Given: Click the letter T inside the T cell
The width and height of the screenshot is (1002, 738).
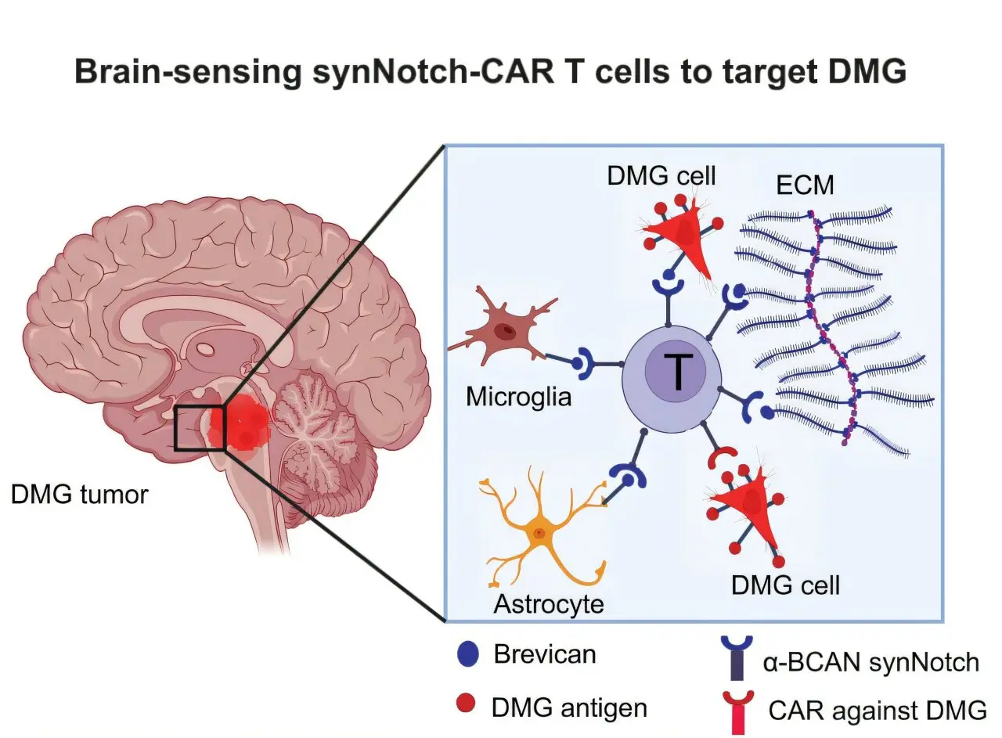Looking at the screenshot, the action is (x=679, y=370).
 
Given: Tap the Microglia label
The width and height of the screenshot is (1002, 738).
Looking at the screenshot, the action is (x=518, y=397).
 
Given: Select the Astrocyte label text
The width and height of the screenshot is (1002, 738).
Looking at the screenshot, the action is (x=549, y=604).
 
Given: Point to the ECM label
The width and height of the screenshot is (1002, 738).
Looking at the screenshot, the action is (x=806, y=185).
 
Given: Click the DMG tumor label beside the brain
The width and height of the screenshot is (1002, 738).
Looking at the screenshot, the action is (x=79, y=495).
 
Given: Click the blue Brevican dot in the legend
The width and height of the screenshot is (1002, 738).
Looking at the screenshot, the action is (x=468, y=654).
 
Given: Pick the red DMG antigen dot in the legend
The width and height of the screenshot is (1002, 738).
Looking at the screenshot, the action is (x=466, y=703).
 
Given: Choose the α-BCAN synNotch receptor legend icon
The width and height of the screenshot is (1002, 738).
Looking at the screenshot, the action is (x=737, y=657).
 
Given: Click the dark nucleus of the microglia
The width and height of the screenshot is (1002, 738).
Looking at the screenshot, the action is (x=505, y=331).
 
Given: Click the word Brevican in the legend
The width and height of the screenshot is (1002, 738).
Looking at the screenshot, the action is (x=545, y=654).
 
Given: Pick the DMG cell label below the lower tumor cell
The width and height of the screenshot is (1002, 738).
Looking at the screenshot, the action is (x=785, y=585).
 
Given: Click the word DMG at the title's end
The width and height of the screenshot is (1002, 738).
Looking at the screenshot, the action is (x=867, y=71).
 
